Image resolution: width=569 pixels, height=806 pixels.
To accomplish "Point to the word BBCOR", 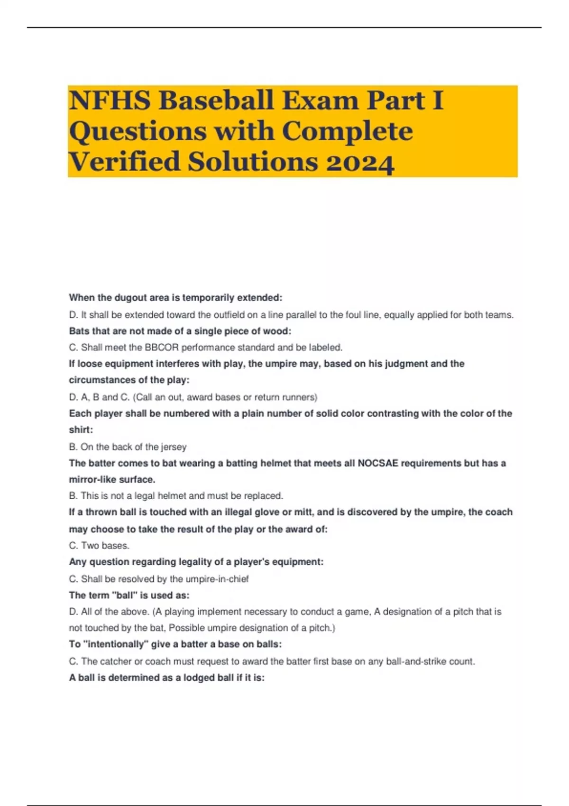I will point(162,348).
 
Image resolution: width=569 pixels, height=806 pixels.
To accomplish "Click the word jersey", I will point(174,447).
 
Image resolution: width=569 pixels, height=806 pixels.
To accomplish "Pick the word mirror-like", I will point(91,479).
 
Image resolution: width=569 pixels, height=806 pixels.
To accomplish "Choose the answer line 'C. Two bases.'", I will point(99,545).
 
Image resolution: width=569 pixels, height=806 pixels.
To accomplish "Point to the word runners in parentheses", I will point(301,397).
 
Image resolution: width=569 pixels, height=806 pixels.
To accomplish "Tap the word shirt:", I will point(81,430).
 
